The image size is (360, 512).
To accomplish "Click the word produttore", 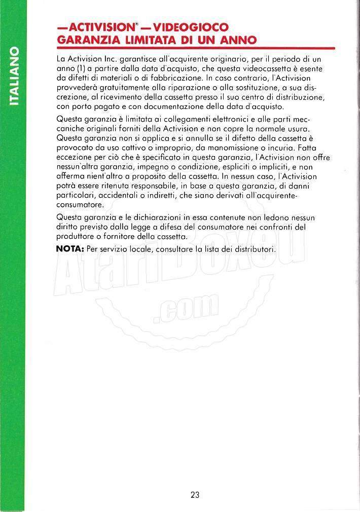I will [x=79, y=237].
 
